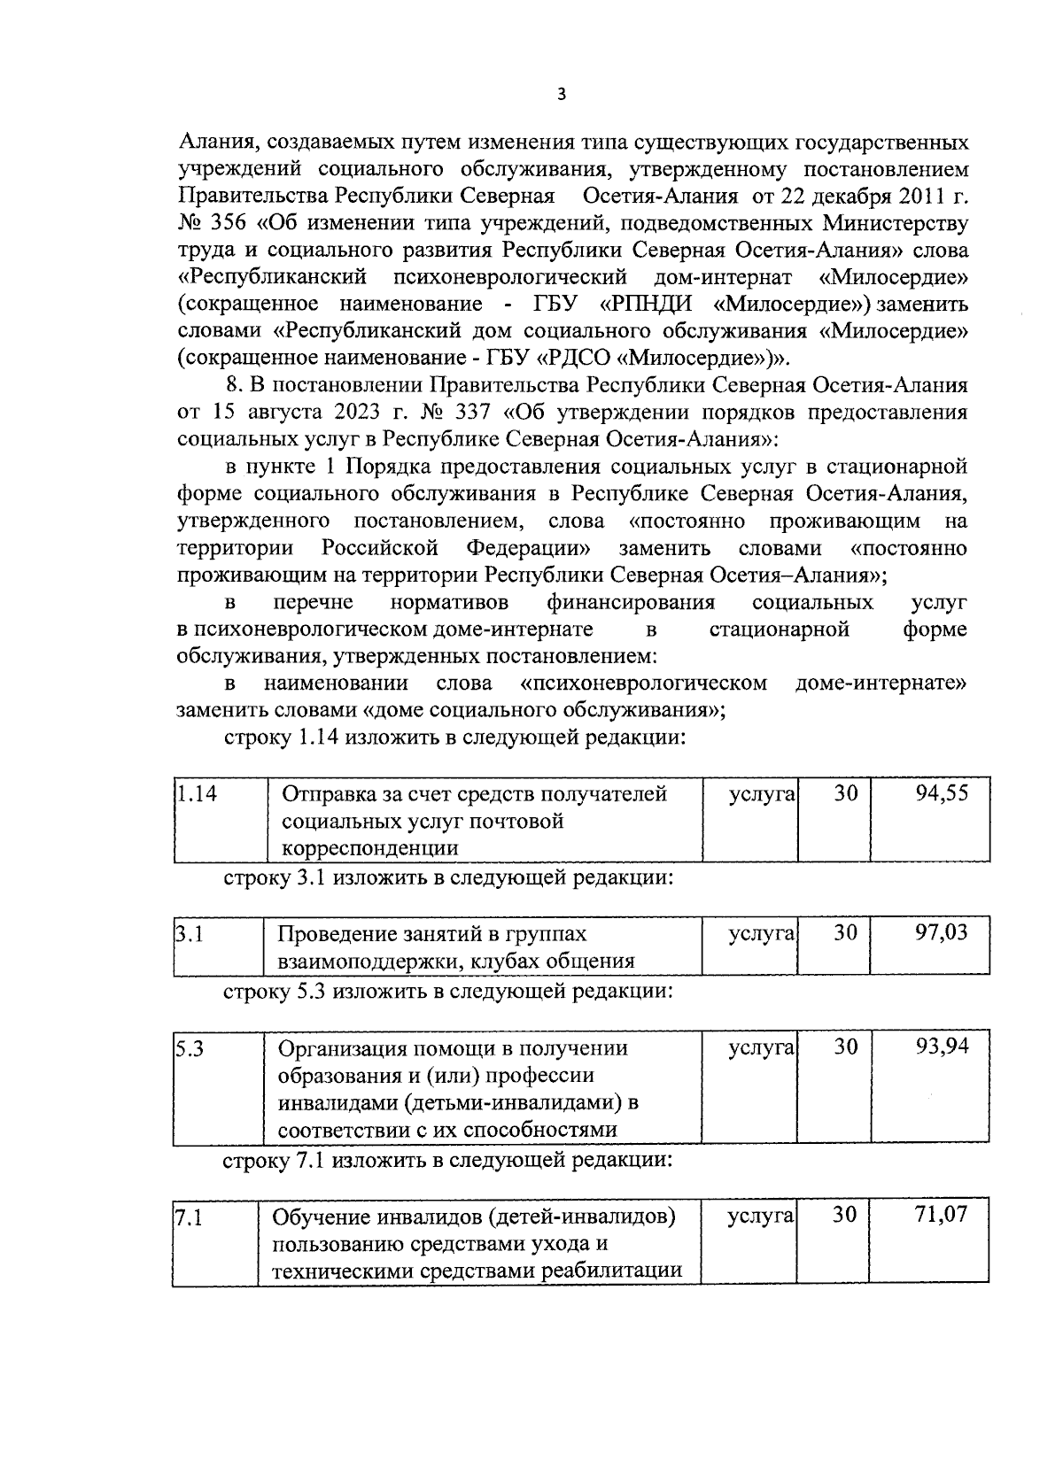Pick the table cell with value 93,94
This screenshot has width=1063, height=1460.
[942, 1047]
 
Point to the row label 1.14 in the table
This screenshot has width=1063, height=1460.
[196, 793]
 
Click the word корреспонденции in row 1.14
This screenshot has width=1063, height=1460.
[369, 848]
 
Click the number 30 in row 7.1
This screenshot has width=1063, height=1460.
[846, 1215]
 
